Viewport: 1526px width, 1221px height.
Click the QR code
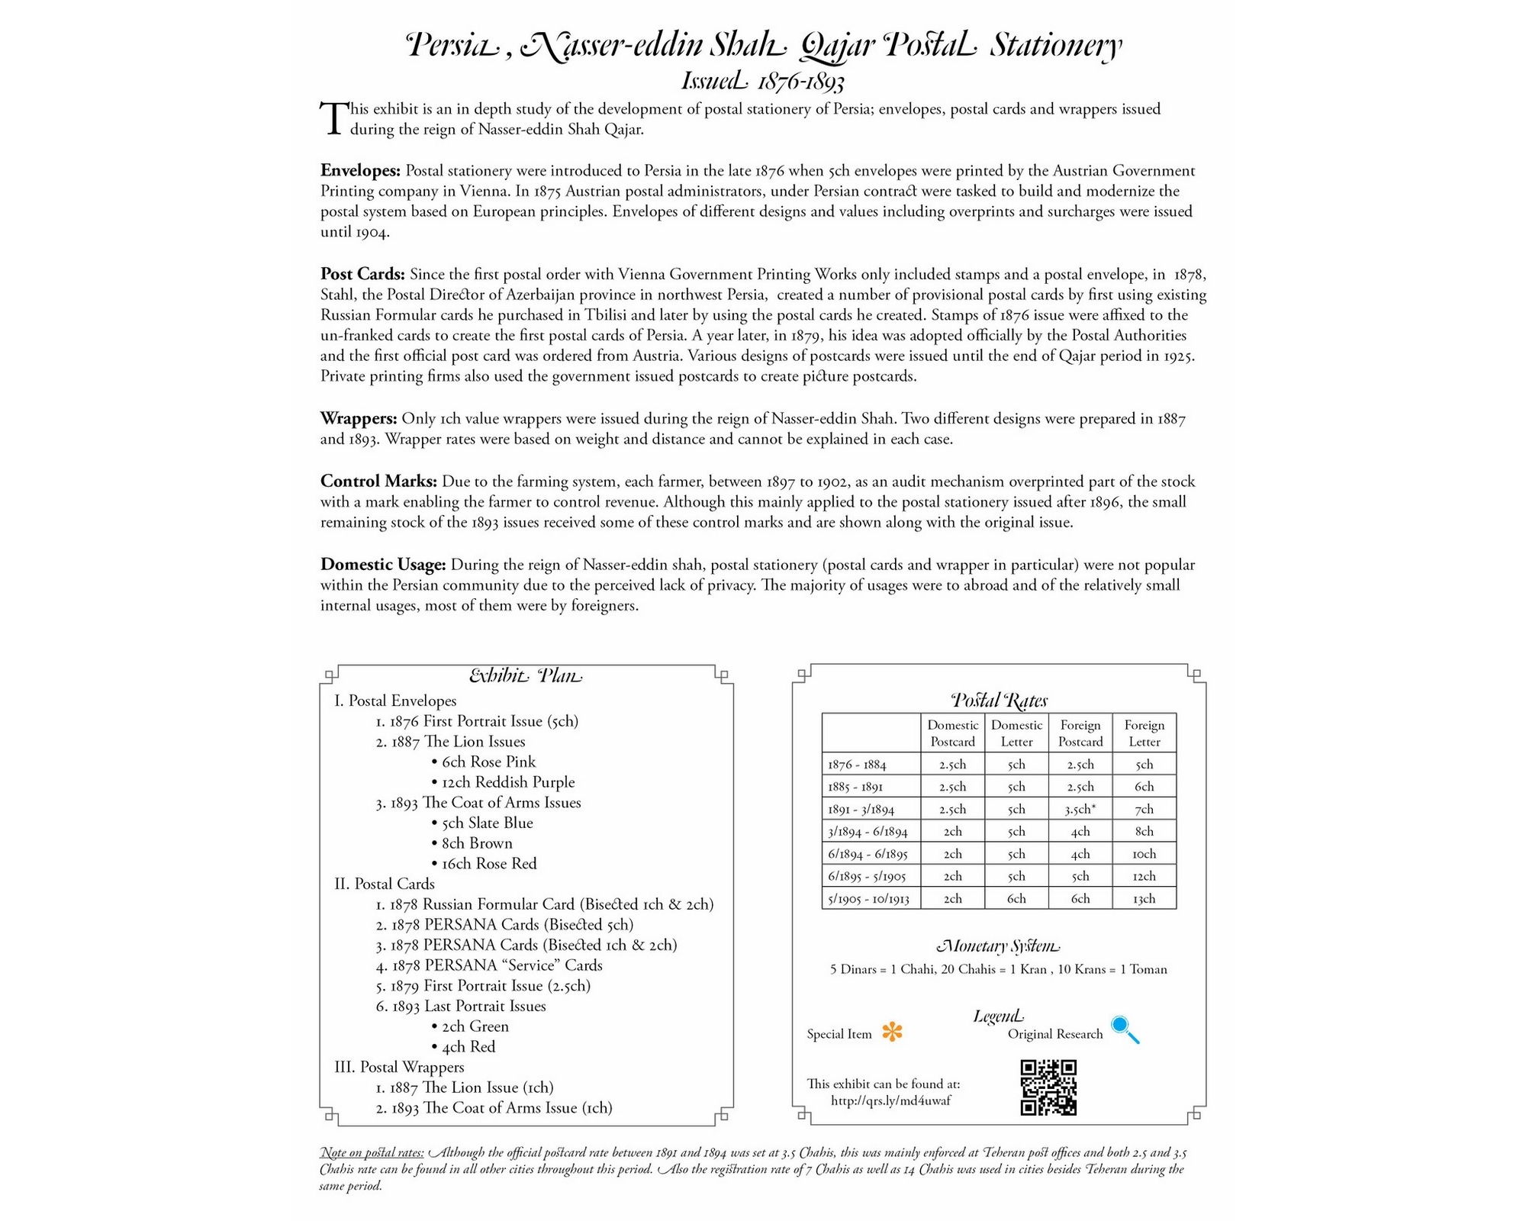pyautogui.click(x=1048, y=1087)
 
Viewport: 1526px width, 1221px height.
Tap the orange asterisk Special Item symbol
pyautogui.click(x=892, y=1033)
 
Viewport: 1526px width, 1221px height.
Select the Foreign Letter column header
pyautogui.click(x=1144, y=733)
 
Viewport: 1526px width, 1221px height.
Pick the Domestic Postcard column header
pyautogui.click(x=952, y=733)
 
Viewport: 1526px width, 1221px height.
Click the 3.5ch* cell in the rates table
pyautogui.click(x=1080, y=809)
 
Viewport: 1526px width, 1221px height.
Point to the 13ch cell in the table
pyautogui.click(x=1144, y=898)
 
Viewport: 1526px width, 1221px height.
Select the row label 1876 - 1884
pyautogui.click(x=858, y=764)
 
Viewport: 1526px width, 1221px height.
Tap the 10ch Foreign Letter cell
pyautogui.click(x=1144, y=854)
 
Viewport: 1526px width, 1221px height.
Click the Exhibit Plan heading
pyautogui.click(x=525, y=676)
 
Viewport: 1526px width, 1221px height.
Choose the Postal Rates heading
pyautogui.click(x=999, y=700)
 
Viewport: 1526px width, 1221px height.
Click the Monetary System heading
pyautogui.click(x=998, y=946)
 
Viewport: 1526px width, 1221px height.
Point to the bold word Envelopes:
pyautogui.click(x=360, y=170)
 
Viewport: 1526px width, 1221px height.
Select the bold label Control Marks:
pyautogui.click(x=378, y=482)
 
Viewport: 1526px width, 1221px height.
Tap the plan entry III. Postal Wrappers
pyautogui.click(x=399, y=1067)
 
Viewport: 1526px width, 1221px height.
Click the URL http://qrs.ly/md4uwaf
pyautogui.click(x=890, y=1100)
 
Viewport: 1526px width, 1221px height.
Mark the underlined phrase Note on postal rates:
pyautogui.click(x=372, y=1152)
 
